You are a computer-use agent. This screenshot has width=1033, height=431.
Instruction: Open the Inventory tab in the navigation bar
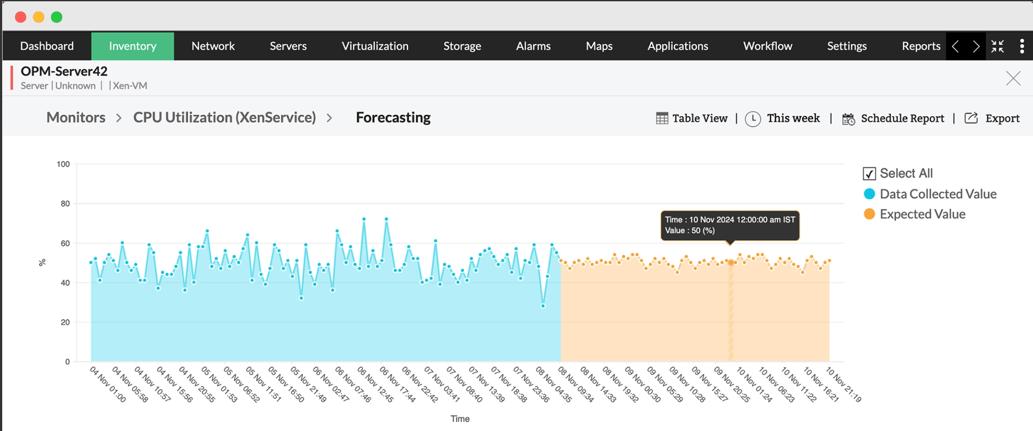133,46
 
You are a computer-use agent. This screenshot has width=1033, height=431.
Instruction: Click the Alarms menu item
533,46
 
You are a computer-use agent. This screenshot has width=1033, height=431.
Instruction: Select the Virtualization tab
375,46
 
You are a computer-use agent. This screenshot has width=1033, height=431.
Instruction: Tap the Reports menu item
921,46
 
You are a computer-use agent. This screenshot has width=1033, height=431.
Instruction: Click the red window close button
20,17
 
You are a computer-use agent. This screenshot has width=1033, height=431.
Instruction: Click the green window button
57,17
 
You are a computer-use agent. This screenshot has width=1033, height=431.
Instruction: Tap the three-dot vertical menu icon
1022,46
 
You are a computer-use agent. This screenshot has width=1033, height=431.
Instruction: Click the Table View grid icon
662,118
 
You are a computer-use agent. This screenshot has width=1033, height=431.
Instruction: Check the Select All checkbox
869,174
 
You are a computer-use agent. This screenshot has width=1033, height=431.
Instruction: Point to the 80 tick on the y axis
65,204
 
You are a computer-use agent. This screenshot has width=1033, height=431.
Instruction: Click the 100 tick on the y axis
63,164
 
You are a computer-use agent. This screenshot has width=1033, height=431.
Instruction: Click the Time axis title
460,419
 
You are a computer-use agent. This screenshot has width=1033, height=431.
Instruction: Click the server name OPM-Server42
64,71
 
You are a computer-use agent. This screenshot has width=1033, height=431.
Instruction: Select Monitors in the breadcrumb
76,118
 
